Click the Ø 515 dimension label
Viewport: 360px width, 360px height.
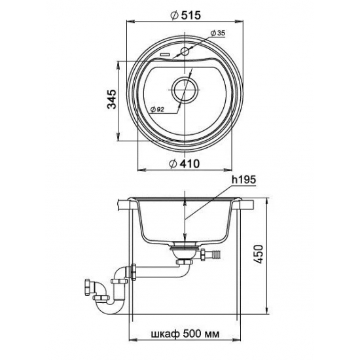pyautogui.click(x=186, y=16)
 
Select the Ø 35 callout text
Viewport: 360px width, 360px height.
pyautogui.click(x=218, y=33)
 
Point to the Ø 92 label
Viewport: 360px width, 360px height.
pyautogui.click(x=157, y=109)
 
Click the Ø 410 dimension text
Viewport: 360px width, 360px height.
pyautogui.click(x=185, y=164)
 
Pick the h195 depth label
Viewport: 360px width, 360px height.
pyautogui.click(x=243, y=180)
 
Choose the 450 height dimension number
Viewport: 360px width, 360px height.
pyautogui.click(x=259, y=254)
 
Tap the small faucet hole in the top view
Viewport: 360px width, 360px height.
pyautogui.click(x=185, y=52)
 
